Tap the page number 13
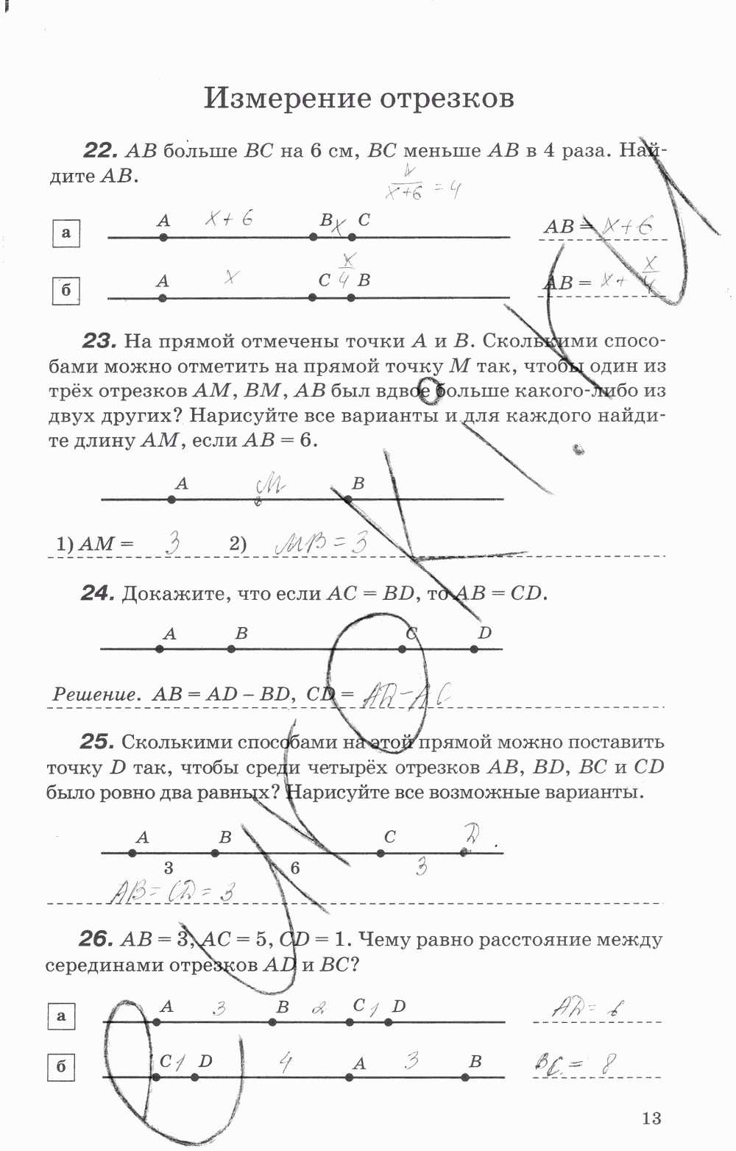pyautogui.click(x=651, y=1118)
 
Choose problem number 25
pyautogui.click(x=97, y=742)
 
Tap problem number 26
pyautogui.click(x=96, y=940)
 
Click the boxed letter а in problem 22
pyautogui.click(x=66, y=233)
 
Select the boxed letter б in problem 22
pyautogui.click(x=66, y=291)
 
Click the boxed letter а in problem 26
pyautogui.click(x=61, y=1016)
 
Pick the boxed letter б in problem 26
pyautogui.click(x=61, y=1066)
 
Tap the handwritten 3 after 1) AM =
pyautogui.click(x=173, y=544)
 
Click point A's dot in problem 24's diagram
pyautogui.click(x=160, y=649)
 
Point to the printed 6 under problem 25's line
pyautogui.click(x=295, y=868)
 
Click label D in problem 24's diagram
pyautogui.click(x=484, y=633)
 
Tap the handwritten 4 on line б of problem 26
pyautogui.click(x=286, y=1062)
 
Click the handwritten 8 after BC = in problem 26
pyautogui.click(x=608, y=1063)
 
